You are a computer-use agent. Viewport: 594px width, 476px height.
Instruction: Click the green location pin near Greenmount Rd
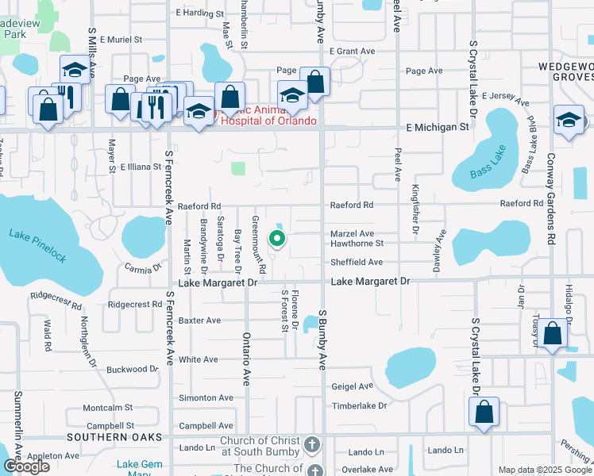[277, 237]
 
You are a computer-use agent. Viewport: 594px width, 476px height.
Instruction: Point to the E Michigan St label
[435, 127]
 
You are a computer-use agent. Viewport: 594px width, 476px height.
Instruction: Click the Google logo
[26, 466]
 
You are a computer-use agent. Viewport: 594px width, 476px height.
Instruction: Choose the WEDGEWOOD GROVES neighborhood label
[565, 71]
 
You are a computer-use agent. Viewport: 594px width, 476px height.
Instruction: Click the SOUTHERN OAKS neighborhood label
[114, 437]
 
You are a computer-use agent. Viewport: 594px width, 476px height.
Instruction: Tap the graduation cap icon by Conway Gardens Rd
[569, 121]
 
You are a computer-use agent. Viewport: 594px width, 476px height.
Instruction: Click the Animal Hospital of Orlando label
[262, 115]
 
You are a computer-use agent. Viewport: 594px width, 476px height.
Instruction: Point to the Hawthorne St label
[357, 244]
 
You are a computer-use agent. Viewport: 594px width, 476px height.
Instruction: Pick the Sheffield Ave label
[357, 262]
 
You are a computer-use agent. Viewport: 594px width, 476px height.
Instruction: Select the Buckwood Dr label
[133, 369]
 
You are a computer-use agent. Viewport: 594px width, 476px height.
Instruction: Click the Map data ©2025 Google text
[545, 470]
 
